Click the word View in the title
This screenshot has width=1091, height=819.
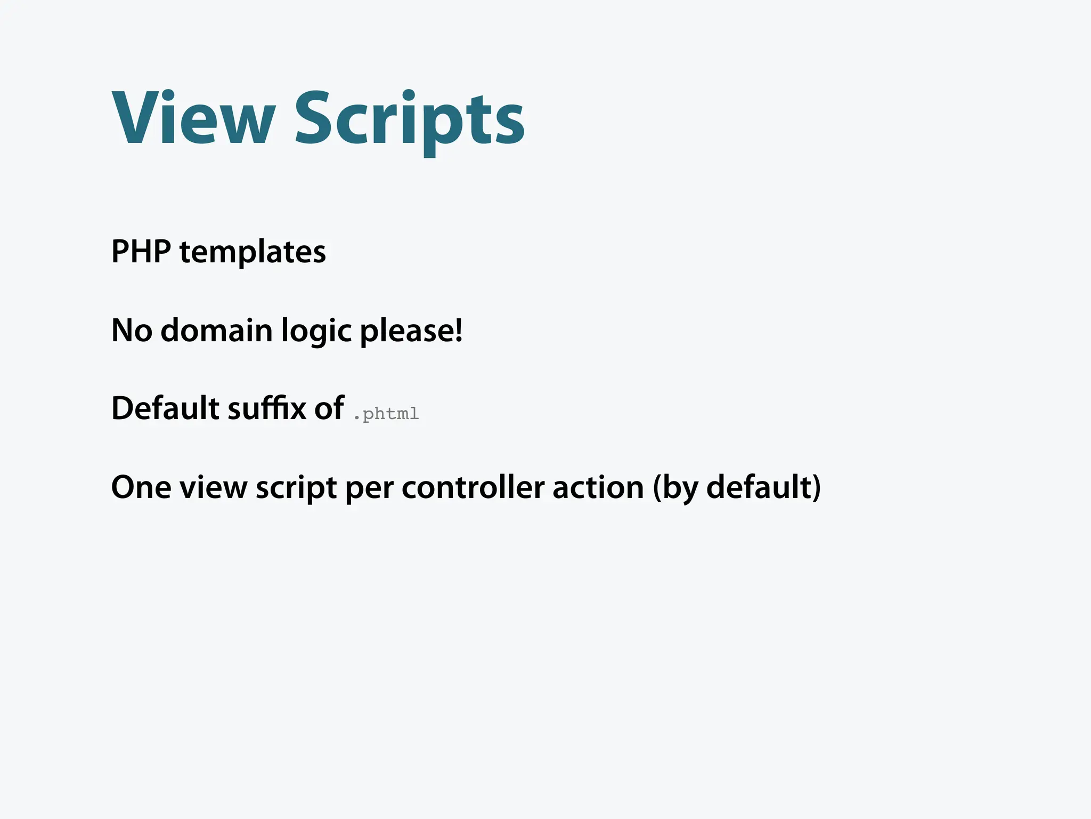(x=193, y=118)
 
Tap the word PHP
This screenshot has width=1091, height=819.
(x=141, y=252)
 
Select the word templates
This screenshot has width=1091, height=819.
(x=253, y=252)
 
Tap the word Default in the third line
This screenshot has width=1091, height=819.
(x=165, y=408)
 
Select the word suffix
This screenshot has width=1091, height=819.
(x=267, y=408)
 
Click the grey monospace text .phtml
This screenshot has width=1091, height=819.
(x=386, y=414)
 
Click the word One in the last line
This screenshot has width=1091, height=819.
(x=141, y=487)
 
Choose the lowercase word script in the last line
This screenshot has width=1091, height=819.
(x=296, y=487)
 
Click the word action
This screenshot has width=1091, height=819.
(x=598, y=487)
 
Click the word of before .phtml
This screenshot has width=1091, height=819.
(x=329, y=408)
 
